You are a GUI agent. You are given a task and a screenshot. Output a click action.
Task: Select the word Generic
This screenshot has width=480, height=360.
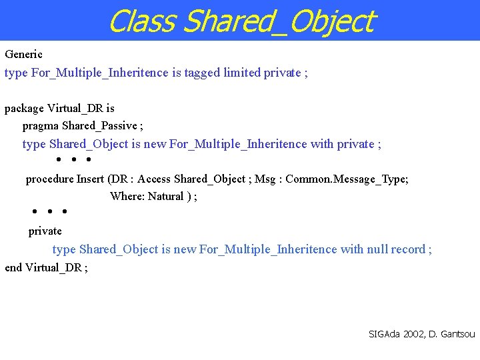click(23, 54)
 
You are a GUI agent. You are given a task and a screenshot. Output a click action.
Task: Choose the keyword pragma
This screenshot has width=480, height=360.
click(41, 125)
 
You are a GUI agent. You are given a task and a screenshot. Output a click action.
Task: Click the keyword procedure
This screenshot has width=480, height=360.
click(49, 179)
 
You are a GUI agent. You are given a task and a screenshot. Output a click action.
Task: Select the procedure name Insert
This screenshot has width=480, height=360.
click(91, 179)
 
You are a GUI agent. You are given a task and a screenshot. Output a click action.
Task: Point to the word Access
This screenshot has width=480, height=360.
click(154, 179)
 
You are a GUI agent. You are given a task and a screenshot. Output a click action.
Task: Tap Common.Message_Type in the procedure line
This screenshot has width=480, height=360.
click(347, 179)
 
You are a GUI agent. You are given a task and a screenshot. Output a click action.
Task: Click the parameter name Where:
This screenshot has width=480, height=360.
click(127, 196)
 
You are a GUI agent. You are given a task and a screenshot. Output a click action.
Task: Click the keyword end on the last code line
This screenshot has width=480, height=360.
click(13, 267)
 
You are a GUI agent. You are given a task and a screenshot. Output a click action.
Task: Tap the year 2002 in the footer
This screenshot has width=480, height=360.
click(411, 333)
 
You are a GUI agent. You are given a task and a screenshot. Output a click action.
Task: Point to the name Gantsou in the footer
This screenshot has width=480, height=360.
click(457, 333)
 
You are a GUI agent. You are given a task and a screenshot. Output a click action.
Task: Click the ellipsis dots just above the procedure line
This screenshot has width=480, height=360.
click(73, 160)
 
